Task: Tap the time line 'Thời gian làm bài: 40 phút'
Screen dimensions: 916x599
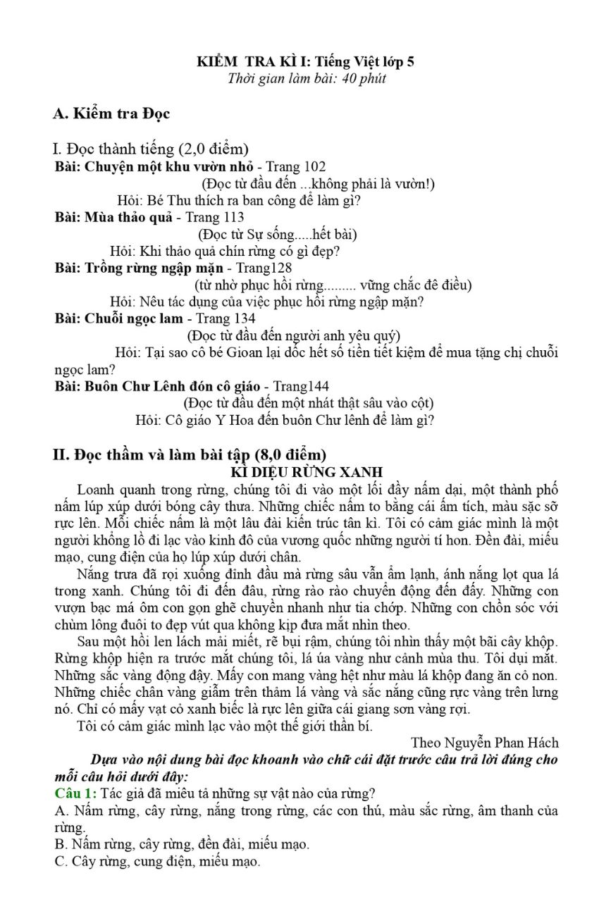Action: pos(307,78)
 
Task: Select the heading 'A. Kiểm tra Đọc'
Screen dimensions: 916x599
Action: pos(111,113)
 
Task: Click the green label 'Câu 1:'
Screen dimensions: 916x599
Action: pos(76,793)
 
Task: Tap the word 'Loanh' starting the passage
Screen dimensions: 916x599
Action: pos(95,489)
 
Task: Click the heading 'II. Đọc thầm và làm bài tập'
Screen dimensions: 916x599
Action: pos(190,454)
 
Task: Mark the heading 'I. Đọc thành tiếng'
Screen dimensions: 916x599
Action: pos(150,149)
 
